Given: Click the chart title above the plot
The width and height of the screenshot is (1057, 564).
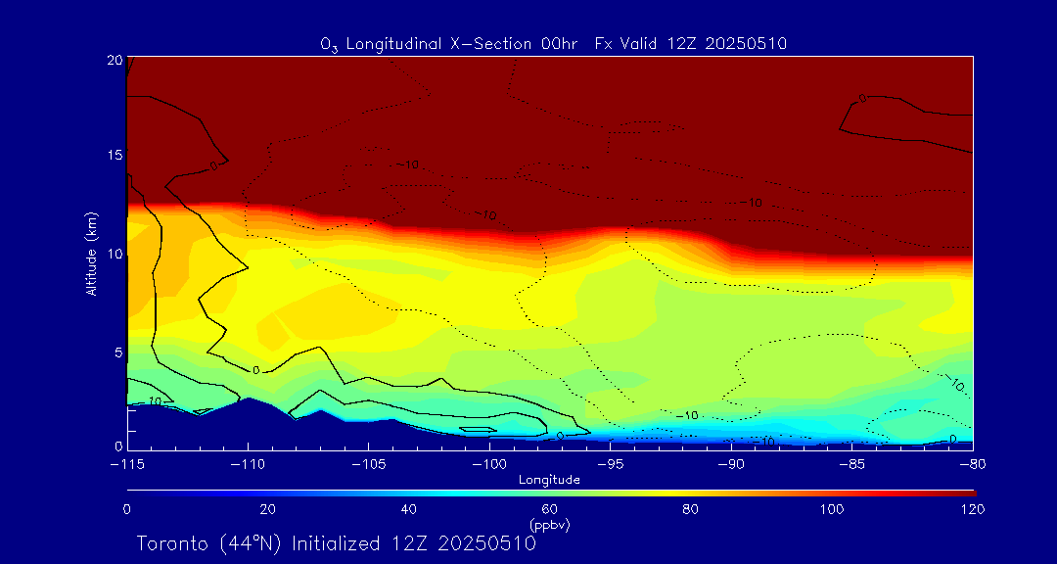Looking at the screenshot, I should pyautogui.click(x=553, y=44).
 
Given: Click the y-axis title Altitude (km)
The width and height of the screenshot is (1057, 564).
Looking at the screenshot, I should pyautogui.click(x=92, y=254).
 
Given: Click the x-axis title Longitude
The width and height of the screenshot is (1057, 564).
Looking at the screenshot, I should pyautogui.click(x=550, y=480).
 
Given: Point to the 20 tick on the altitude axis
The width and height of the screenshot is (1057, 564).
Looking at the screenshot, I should pyautogui.click(x=115, y=60).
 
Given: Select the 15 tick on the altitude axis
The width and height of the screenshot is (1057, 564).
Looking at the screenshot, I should pyautogui.click(x=115, y=157).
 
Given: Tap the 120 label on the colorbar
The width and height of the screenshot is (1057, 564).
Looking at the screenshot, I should pyautogui.click(x=973, y=509).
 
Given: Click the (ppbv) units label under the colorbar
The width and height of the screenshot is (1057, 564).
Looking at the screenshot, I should pyautogui.click(x=550, y=525).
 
